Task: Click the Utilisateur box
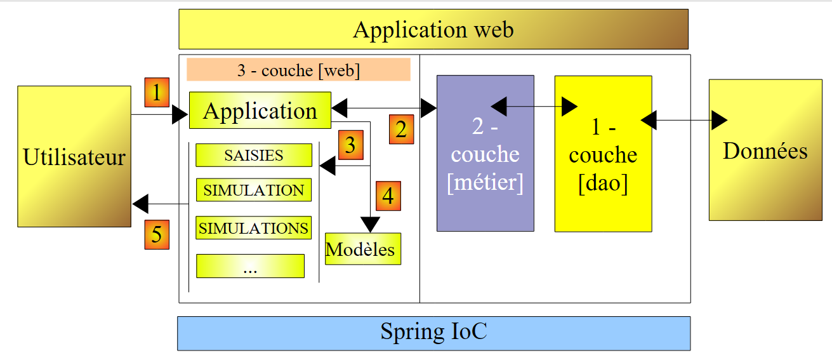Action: point(74,156)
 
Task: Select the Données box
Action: point(765,150)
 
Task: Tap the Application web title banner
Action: point(433,29)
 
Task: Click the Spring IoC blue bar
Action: point(433,333)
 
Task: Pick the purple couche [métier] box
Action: point(485,153)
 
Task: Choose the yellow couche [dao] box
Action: point(603,154)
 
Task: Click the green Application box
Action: point(260,110)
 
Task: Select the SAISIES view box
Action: point(254,156)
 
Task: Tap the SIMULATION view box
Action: point(254,190)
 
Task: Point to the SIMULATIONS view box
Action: point(254,228)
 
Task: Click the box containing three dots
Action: point(250,266)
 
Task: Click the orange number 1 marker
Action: point(157,93)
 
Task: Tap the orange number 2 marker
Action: point(401,129)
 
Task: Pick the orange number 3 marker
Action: point(350,145)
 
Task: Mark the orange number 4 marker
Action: point(388,196)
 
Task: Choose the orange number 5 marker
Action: point(156,234)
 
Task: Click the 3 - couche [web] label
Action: point(298,70)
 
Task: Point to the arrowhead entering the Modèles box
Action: point(370,225)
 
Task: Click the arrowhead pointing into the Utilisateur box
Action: point(140,204)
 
